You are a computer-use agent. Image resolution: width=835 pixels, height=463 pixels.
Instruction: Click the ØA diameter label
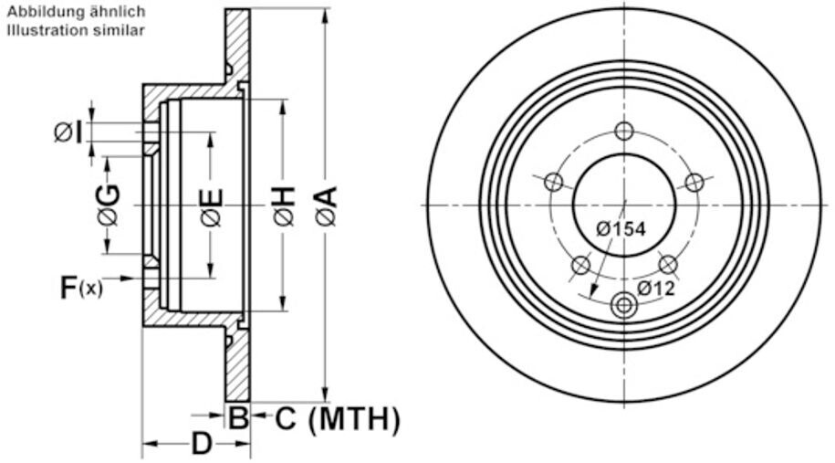coord(326,205)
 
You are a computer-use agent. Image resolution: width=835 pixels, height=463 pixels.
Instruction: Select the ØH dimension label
coord(284,205)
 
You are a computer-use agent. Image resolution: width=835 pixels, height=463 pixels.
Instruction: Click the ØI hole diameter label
coord(68,132)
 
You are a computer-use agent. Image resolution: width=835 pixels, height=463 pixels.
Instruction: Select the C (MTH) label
coord(337,419)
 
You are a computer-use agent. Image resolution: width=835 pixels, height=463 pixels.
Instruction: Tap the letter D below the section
coord(202,444)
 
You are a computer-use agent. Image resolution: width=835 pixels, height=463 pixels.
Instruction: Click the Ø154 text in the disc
coord(621,229)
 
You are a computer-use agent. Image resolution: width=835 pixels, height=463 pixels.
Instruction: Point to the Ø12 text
coord(656,289)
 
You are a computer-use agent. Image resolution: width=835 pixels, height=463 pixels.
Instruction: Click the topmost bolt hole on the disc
coord(623,131)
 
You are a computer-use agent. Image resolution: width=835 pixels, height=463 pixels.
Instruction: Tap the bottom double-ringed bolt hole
coord(623,305)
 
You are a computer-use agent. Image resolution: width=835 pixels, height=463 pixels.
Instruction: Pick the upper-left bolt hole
coord(554,183)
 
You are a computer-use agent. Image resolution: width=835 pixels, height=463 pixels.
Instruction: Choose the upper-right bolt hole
coord(694,183)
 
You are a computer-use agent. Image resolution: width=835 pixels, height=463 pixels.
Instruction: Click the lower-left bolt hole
coord(580,265)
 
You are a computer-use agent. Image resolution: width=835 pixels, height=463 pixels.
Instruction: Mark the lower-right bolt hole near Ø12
coord(667,265)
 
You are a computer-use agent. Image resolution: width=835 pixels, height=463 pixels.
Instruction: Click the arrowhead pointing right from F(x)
coord(126,278)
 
